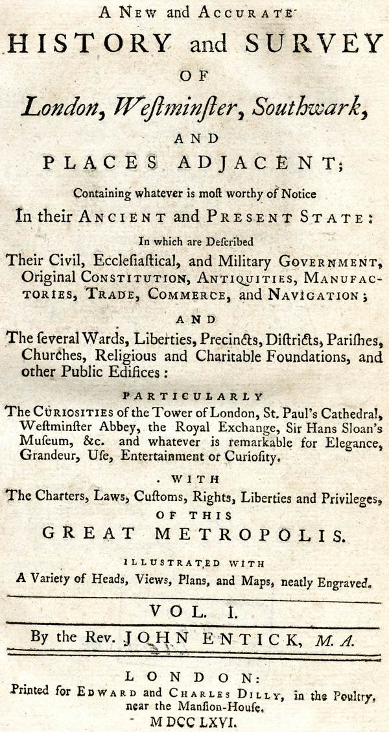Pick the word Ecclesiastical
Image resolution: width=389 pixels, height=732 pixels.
coord(115,262)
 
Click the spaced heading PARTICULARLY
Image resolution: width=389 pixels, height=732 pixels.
coord(194,396)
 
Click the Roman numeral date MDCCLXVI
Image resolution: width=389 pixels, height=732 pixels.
coord(194,720)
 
